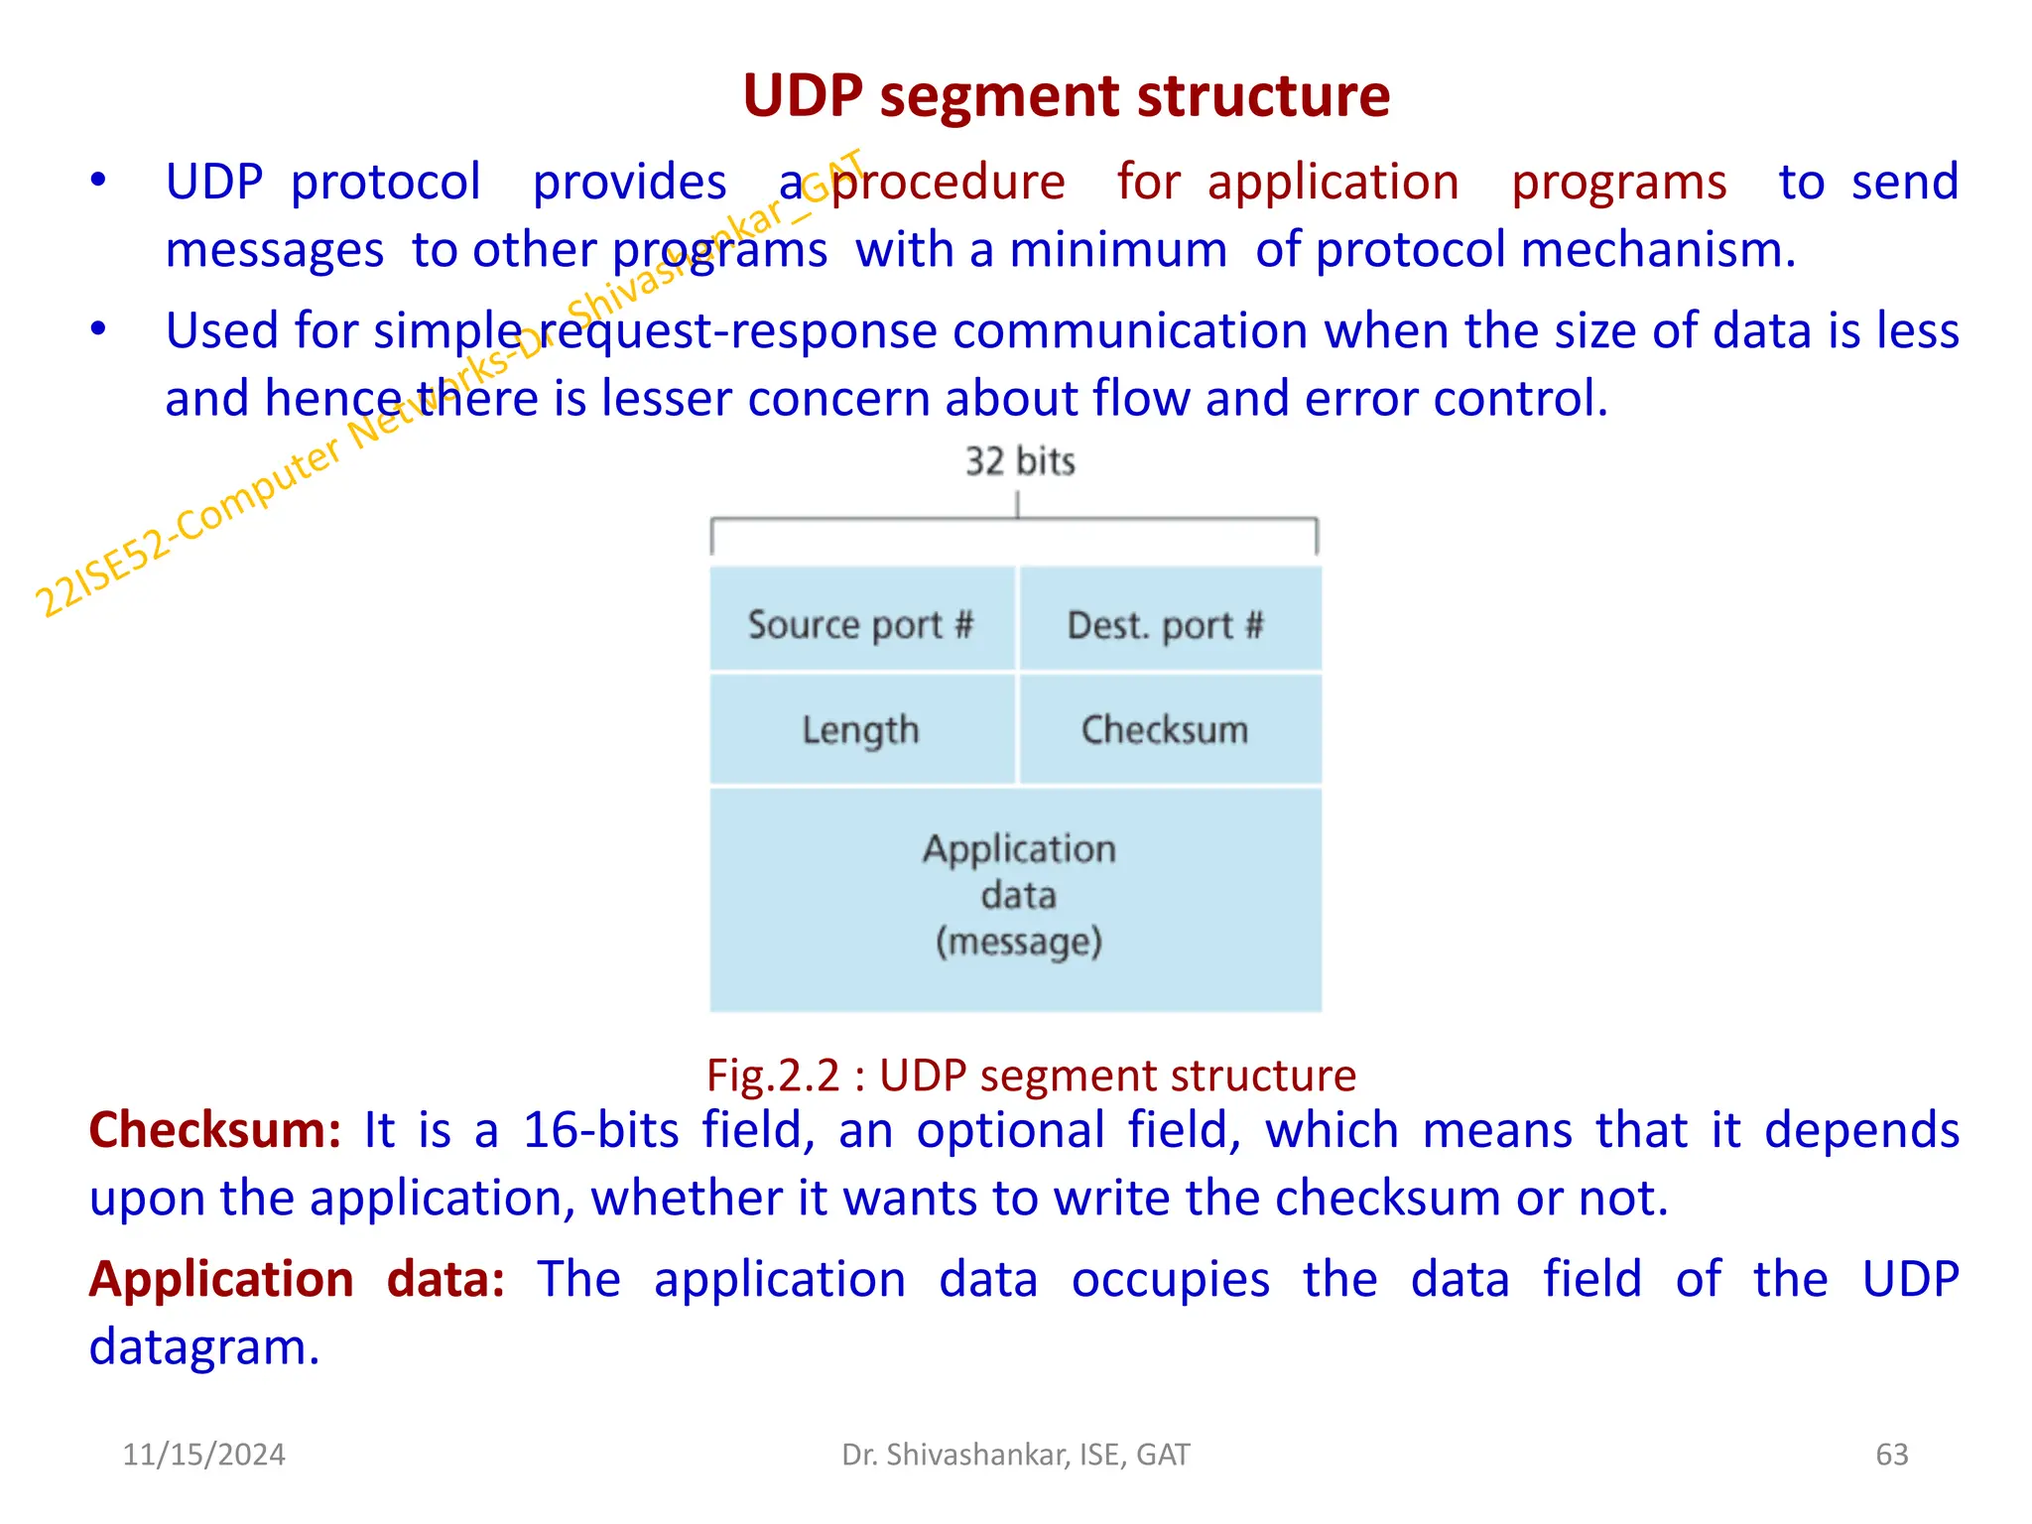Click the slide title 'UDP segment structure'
pos(1066,96)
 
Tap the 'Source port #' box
pos(861,625)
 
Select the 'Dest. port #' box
pos(1167,625)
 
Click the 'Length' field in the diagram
pos(861,730)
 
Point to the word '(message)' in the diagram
pos(1019,942)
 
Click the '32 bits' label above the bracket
pos(1020,462)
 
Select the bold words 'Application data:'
pos(297,1280)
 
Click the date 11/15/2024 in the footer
pos(203,1455)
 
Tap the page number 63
pos(1891,1455)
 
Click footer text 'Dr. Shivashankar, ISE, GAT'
pos(1015,1455)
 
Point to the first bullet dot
pos(97,182)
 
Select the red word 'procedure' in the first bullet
pos(949,183)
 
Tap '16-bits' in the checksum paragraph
pos(600,1131)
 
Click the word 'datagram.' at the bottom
pos(204,1347)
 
